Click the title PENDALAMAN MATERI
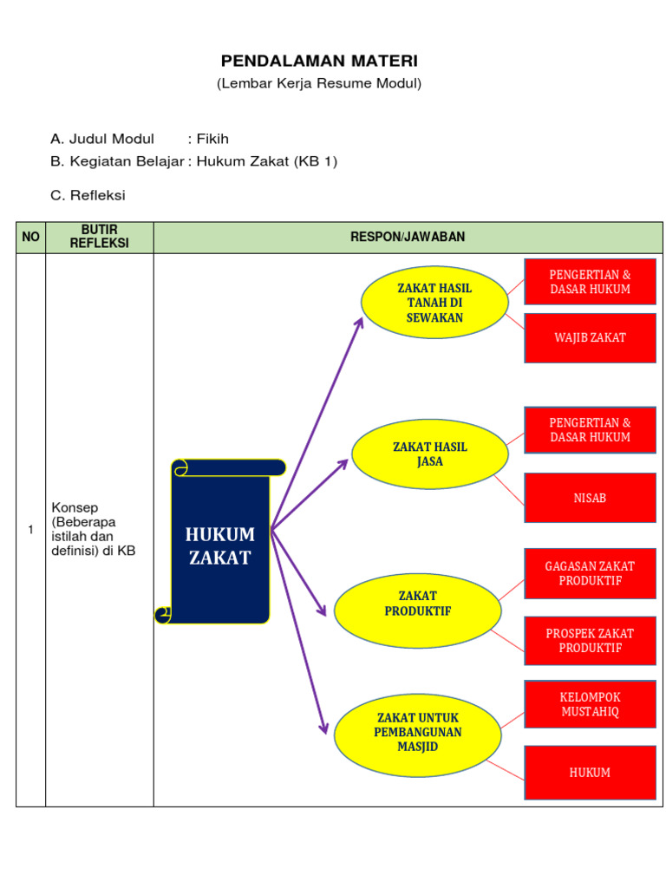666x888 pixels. pyautogui.click(x=319, y=61)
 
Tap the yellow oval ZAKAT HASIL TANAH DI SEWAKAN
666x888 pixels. pyautogui.click(x=434, y=303)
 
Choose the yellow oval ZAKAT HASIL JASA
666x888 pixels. pyautogui.click(x=429, y=454)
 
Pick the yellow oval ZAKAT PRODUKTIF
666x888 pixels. pyautogui.click(x=417, y=604)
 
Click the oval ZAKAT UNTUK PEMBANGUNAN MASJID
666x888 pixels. pyautogui.click(x=417, y=732)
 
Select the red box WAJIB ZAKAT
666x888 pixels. pyautogui.click(x=590, y=337)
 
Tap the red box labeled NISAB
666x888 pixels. pyautogui.click(x=590, y=498)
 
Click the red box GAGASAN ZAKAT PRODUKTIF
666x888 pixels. pyautogui.click(x=590, y=573)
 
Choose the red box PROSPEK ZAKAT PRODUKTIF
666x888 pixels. pyautogui.click(x=590, y=641)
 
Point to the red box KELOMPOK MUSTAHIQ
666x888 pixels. pyautogui.click(x=590, y=704)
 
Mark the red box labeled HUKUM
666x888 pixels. pyautogui.click(x=590, y=773)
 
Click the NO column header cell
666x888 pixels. pyautogui.click(x=30, y=237)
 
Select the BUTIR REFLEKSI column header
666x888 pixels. pyautogui.click(x=99, y=237)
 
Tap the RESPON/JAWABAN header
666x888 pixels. pyautogui.click(x=408, y=237)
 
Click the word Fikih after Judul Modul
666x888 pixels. pyautogui.click(x=213, y=139)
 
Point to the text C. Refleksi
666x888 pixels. pyautogui.click(x=88, y=195)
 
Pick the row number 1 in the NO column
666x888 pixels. pyautogui.click(x=30, y=529)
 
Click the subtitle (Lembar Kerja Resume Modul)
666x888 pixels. pyautogui.click(x=319, y=84)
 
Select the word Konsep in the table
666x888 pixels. pyautogui.click(x=75, y=507)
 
